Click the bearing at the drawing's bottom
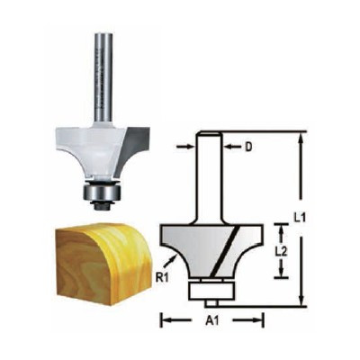click(x=212, y=290)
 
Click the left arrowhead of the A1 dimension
click(x=164, y=319)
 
